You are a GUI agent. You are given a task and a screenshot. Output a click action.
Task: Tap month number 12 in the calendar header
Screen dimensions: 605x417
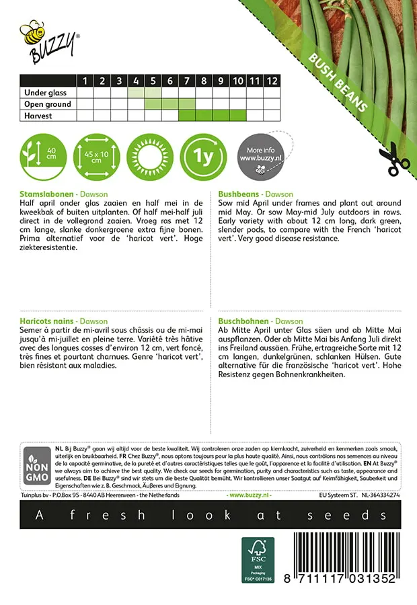(x=271, y=81)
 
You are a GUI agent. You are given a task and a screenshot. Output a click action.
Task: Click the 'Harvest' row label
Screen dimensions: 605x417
(x=38, y=116)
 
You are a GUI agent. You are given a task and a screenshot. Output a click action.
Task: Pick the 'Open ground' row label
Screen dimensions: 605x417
(x=47, y=104)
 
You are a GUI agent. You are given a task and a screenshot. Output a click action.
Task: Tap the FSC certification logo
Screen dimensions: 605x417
(x=258, y=558)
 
